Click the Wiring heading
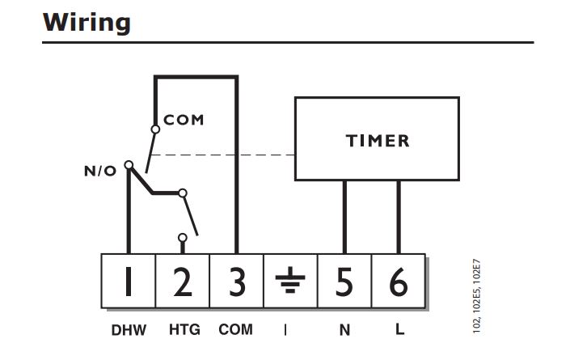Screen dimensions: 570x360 point(87,23)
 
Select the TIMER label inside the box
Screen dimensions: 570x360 point(378,141)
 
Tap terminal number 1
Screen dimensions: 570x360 point(128,281)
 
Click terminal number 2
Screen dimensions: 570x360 point(183,281)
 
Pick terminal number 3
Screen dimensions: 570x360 point(237,281)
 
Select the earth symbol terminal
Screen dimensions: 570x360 point(290,281)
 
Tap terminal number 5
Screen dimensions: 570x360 point(344,281)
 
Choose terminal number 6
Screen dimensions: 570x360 point(399,281)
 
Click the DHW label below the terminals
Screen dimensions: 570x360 point(129,330)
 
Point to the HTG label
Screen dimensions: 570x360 point(184,330)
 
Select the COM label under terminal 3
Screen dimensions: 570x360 point(235,330)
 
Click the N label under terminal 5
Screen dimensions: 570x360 point(344,330)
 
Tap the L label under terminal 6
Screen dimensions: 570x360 point(399,329)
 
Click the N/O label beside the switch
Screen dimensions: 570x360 point(100,171)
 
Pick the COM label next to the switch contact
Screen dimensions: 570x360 point(184,120)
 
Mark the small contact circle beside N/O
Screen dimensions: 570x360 point(129,165)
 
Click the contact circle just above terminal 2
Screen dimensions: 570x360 point(183,238)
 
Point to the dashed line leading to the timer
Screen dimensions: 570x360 point(223,155)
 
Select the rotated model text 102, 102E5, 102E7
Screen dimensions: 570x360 point(477,296)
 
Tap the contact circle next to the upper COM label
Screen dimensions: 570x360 point(155,129)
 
